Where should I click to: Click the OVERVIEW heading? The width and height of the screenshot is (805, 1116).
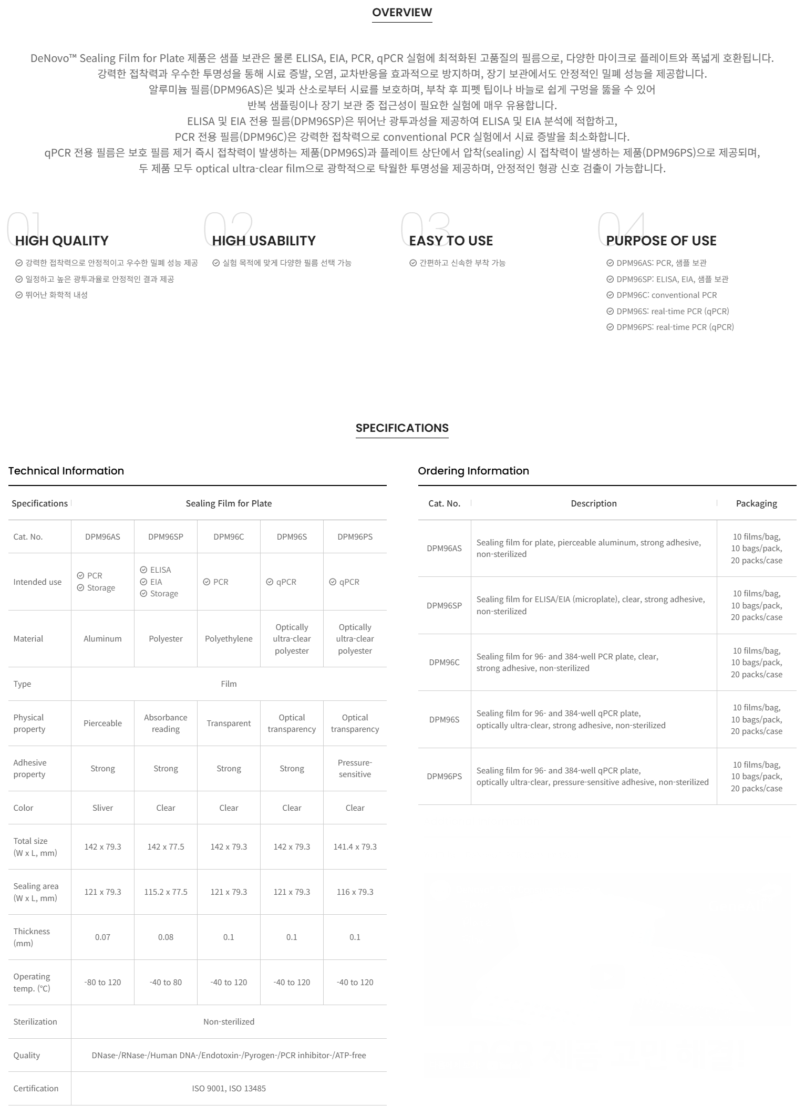[x=402, y=12]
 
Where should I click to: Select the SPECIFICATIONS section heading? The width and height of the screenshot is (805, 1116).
[x=402, y=428]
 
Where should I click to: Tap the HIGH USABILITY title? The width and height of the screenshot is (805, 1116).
[x=264, y=241]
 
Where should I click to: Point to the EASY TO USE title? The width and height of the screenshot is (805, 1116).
[x=451, y=241]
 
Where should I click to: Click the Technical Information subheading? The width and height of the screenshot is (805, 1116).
[x=66, y=471]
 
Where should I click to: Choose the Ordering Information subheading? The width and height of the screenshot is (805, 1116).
[x=473, y=471]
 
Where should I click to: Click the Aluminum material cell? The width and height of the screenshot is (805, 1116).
[x=102, y=638]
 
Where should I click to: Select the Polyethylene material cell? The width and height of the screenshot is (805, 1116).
[x=229, y=638]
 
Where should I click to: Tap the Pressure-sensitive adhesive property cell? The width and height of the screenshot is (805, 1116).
[x=355, y=768]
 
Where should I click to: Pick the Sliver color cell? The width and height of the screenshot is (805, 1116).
[x=102, y=808]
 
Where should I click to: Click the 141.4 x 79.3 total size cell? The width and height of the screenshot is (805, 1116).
[x=355, y=846]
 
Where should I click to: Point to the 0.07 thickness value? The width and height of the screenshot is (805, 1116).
[x=102, y=937]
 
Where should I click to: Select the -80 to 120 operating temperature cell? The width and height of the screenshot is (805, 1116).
[x=102, y=982]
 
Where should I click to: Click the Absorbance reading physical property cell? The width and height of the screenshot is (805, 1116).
[x=166, y=723]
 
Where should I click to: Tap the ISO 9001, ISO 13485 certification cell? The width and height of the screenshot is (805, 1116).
[x=229, y=1088]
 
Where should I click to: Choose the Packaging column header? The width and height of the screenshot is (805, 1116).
[x=756, y=503]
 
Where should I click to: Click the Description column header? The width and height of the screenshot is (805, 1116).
[x=594, y=503]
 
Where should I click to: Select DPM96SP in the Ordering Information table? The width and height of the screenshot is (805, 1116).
[x=444, y=605]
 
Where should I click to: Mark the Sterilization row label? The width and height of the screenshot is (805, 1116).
[x=35, y=1021]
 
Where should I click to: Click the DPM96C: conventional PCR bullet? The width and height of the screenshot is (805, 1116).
[x=666, y=295]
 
